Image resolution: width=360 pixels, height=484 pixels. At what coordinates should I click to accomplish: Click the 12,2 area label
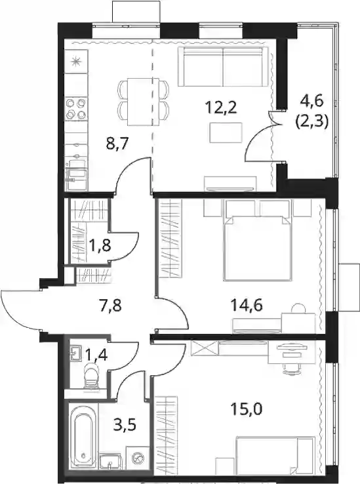click(x=221, y=108)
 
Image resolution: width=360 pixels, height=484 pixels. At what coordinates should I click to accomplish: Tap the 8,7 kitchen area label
click(x=117, y=144)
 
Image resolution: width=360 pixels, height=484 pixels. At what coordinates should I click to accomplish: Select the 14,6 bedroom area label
click(x=247, y=306)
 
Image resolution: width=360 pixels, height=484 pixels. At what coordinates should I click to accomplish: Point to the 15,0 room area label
click(x=247, y=409)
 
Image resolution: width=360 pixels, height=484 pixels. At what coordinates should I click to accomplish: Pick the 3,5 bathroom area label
click(x=125, y=424)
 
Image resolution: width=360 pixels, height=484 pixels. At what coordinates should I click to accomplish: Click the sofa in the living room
click(x=222, y=67)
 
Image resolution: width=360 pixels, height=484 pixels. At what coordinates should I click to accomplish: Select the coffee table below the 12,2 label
click(x=226, y=132)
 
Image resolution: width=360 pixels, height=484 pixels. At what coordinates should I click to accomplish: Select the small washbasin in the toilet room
click(x=75, y=353)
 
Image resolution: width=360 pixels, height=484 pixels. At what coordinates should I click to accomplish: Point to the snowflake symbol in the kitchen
click(x=75, y=62)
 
